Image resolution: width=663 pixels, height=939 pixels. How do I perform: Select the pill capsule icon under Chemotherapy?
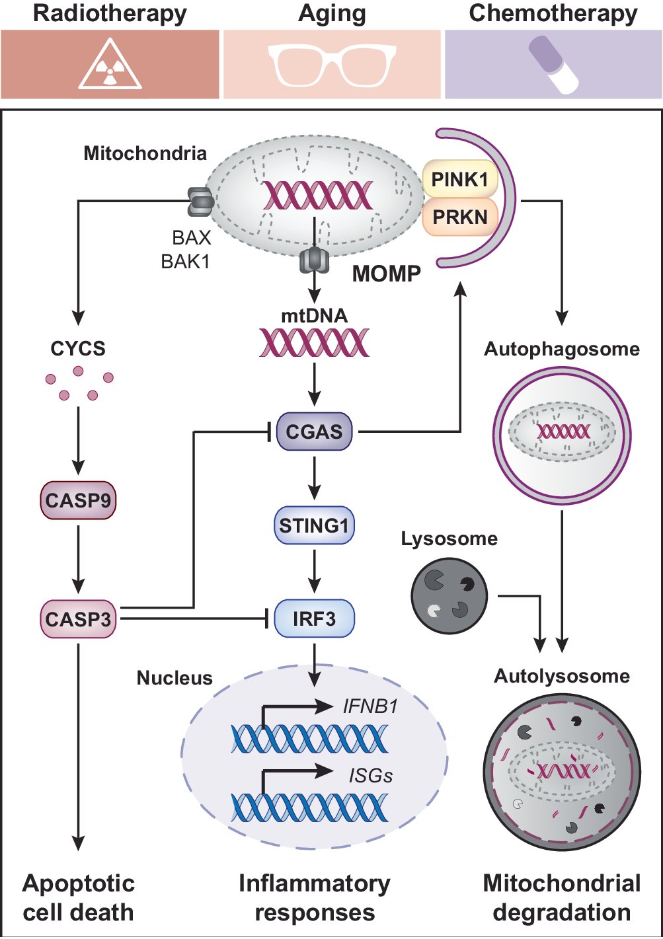553,64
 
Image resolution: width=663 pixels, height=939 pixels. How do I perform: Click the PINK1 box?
459,179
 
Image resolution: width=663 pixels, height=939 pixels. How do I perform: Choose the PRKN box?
459,217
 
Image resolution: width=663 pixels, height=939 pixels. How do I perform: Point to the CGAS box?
314,432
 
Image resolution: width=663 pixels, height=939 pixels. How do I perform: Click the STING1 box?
314,526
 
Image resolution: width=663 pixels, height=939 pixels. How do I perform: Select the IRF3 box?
314,619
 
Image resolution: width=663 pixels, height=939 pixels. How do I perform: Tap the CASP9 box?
78,500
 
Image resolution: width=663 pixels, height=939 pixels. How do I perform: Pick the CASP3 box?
78,619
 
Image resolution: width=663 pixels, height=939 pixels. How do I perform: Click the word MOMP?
387,274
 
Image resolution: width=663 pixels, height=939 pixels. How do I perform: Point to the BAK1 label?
186,262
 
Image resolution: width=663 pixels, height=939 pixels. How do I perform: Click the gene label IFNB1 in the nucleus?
370,706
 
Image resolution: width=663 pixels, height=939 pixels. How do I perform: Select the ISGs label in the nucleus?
370,775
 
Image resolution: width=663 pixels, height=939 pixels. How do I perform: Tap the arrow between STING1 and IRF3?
314,571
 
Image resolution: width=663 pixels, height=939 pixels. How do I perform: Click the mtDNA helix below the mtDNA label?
314,342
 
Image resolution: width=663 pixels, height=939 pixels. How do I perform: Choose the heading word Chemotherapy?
553,13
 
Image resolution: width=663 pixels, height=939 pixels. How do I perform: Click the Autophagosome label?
562,349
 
